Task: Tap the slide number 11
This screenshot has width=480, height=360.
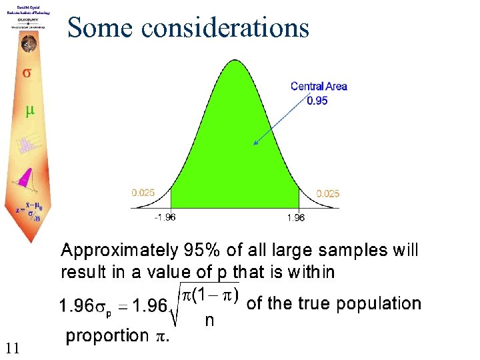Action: point(12,347)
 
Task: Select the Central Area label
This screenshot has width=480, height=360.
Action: point(319,86)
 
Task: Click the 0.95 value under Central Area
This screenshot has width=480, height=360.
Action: point(317,101)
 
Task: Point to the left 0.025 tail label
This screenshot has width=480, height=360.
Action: point(143,193)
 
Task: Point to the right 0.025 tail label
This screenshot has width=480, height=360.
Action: point(327,193)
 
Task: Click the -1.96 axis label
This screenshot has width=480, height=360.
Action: point(165,217)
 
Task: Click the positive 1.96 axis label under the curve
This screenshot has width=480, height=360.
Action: point(296,217)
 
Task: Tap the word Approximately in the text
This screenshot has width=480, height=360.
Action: point(117,251)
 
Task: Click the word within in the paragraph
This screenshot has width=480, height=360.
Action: point(311,272)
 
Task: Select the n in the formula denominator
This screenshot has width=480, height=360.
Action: point(209,321)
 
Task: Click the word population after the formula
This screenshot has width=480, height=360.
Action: point(379,304)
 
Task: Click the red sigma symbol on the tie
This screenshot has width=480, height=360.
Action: point(27,72)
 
